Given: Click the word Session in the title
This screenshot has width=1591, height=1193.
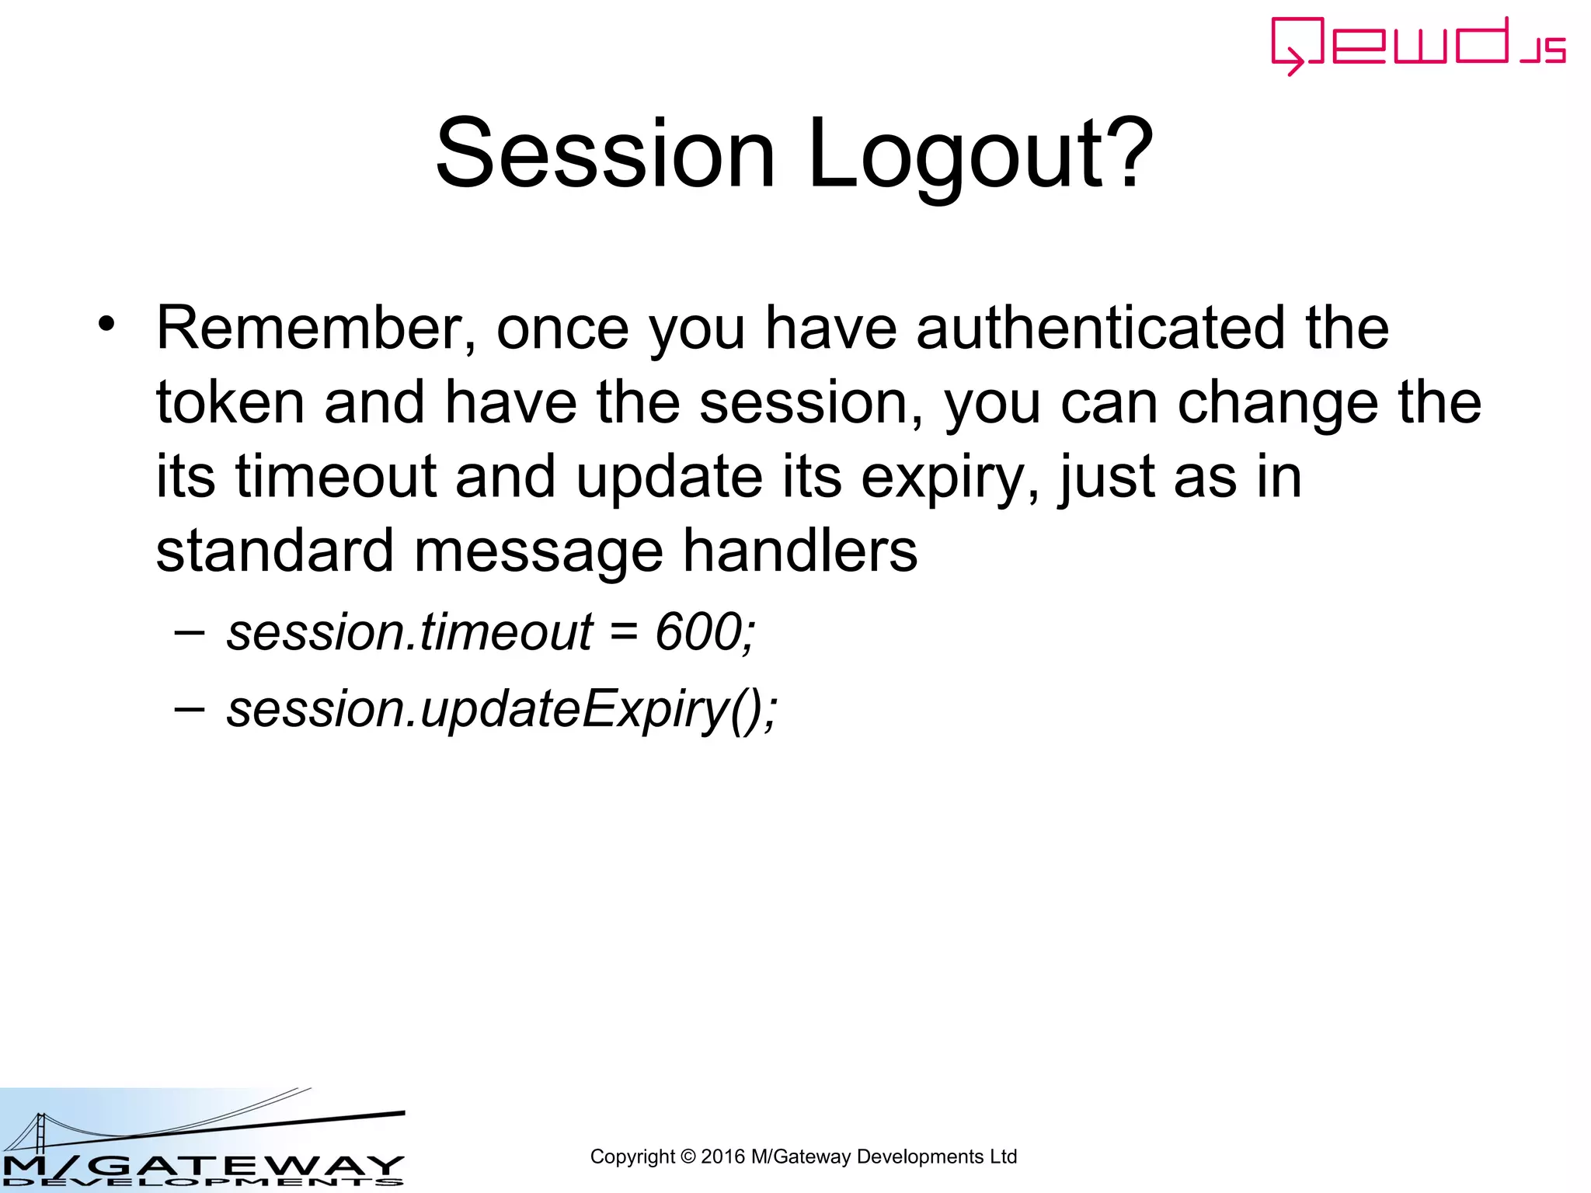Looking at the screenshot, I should point(605,153).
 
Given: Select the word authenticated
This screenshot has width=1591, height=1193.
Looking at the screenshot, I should point(1100,328).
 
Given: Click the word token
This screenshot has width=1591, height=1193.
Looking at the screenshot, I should point(230,402).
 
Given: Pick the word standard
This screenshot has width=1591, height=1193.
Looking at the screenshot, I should point(275,551).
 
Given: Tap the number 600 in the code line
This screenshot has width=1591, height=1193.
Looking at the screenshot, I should point(699,631).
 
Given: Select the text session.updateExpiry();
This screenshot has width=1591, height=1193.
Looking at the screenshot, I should point(501,709).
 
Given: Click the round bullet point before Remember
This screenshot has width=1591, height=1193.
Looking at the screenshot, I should point(106,324).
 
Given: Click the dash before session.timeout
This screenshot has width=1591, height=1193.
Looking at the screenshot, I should point(190,631).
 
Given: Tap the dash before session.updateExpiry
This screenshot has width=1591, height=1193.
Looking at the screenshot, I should point(190,708).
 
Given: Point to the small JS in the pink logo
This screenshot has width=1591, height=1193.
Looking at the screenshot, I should point(1544,50).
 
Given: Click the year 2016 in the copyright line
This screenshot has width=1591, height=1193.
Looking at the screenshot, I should point(722,1156).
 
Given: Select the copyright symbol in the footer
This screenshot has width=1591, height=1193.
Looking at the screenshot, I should point(688,1156).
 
